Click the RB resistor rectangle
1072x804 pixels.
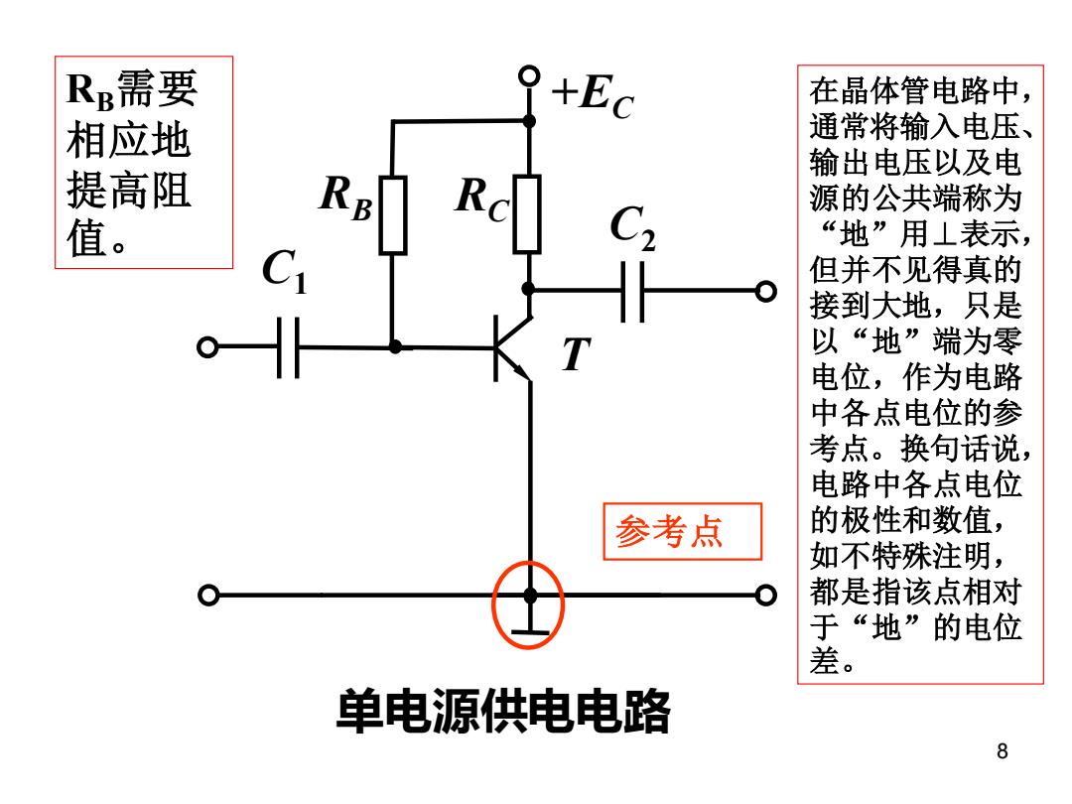(x=393, y=215)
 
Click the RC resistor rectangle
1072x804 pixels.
(x=527, y=214)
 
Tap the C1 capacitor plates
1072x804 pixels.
(x=288, y=347)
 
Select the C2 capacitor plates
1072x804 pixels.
(x=632, y=291)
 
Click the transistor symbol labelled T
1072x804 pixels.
(x=512, y=348)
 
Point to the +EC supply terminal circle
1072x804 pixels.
(x=529, y=75)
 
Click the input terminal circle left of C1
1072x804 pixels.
(x=207, y=347)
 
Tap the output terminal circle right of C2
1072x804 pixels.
(x=766, y=291)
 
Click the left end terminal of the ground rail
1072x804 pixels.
(x=208, y=596)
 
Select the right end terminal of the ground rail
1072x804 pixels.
(x=766, y=596)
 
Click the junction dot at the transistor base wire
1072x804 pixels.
(x=395, y=347)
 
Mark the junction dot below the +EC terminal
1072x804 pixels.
(x=529, y=121)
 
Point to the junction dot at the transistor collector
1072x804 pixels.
(x=528, y=289)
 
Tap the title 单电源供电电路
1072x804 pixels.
(x=503, y=712)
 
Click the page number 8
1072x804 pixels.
(x=1003, y=750)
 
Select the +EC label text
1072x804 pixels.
(x=594, y=96)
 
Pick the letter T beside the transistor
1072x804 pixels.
(x=577, y=354)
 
